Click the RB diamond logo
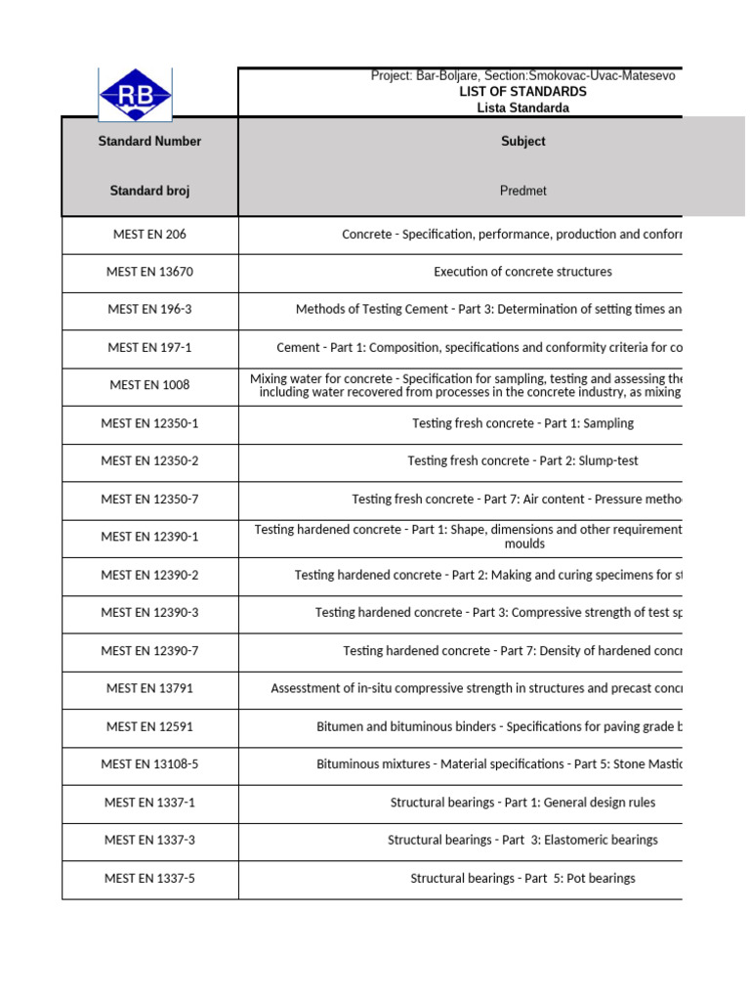pyautogui.click(x=135, y=95)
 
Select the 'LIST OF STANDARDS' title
pyautogui.click(x=522, y=91)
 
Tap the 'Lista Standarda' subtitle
pyautogui.click(x=522, y=108)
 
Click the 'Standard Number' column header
pyautogui.click(x=149, y=141)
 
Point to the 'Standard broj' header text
pyautogui.click(x=149, y=191)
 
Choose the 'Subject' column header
pyautogui.click(x=522, y=141)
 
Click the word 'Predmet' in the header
pyautogui.click(x=522, y=191)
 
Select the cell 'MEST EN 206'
pyautogui.click(x=149, y=235)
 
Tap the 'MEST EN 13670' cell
pyautogui.click(x=149, y=272)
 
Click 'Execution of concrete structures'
pyautogui.click(x=522, y=272)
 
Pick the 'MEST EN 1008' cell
pyautogui.click(x=149, y=385)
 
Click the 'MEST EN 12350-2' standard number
pyautogui.click(x=149, y=460)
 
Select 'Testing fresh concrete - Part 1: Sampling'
pyautogui.click(x=522, y=423)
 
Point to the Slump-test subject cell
pyautogui.click(x=522, y=460)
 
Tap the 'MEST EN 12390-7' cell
pyautogui.click(x=149, y=650)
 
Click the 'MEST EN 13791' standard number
pyautogui.click(x=149, y=688)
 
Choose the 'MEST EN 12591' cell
pyautogui.click(x=149, y=726)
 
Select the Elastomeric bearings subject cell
pyautogui.click(x=522, y=840)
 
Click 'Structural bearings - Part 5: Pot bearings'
pyautogui.click(x=522, y=878)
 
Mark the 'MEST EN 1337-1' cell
pyautogui.click(x=149, y=802)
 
